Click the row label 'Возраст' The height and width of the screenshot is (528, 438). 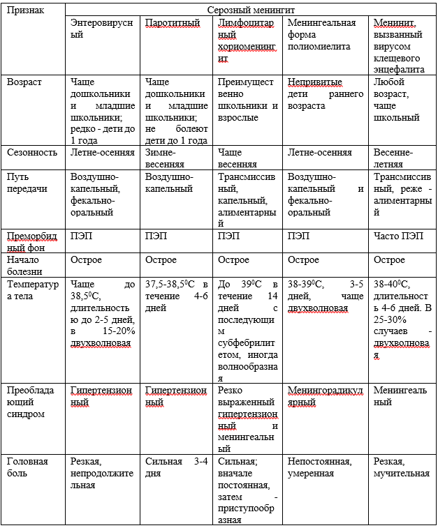coord(24,82)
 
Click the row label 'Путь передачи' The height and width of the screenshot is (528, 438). coord(24,183)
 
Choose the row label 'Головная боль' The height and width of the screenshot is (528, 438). coord(27,467)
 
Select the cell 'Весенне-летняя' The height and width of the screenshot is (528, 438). coord(393,158)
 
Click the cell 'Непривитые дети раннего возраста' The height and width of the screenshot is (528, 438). coord(325,94)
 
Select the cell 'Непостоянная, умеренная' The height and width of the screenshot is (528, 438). coord(320,467)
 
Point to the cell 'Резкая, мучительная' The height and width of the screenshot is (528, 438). coord(402,467)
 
